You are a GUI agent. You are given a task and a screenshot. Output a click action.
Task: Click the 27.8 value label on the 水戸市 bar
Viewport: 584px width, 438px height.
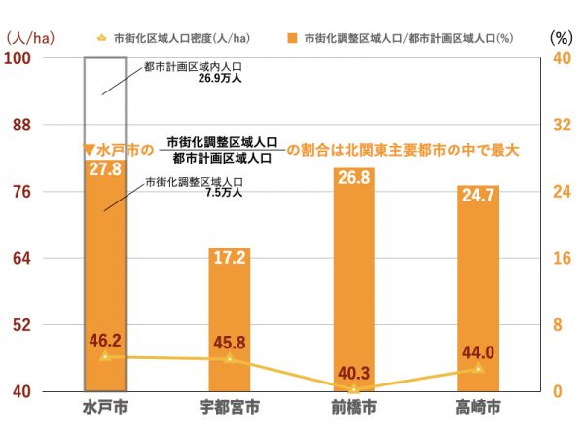pyautogui.click(x=104, y=169)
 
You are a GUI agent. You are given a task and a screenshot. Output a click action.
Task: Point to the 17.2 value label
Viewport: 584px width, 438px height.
pyautogui.click(x=229, y=261)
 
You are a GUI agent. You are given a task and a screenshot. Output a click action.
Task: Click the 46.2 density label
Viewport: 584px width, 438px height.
pyautogui.click(x=104, y=341)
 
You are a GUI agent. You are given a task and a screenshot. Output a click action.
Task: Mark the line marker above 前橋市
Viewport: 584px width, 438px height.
pyautogui.click(x=353, y=388)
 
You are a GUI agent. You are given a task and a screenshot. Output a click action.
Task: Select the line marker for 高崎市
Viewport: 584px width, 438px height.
pyautogui.click(x=478, y=369)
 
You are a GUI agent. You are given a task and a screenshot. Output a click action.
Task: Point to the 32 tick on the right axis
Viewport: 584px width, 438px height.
pyautogui.click(x=559, y=125)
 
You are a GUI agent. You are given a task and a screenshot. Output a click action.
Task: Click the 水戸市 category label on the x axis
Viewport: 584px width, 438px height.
pyautogui.click(x=104, y=408)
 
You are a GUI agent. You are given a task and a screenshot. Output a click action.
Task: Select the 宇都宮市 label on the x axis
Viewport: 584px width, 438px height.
pyautogui.click(x=229, y=408)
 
